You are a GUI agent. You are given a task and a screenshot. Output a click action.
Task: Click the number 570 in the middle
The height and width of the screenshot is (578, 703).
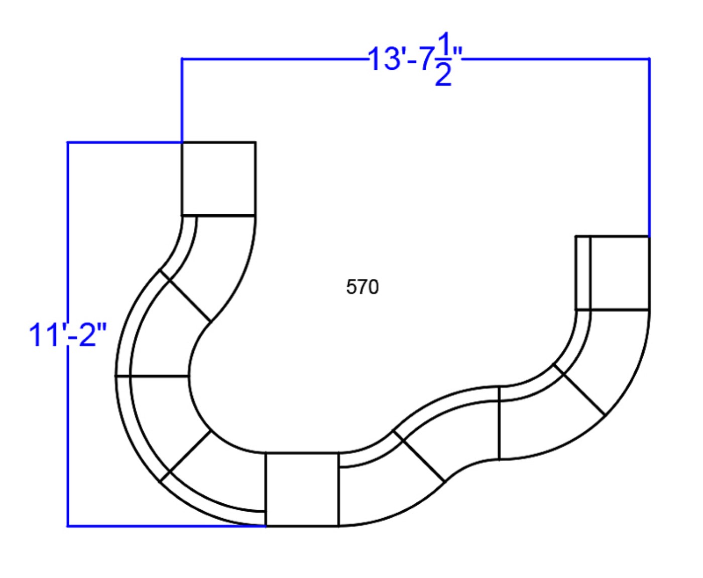point(363,287)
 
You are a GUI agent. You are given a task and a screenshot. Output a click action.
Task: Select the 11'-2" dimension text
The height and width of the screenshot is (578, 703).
point(68,335)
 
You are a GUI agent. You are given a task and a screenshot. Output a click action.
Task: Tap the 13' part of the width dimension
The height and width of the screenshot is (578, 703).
point(387,59)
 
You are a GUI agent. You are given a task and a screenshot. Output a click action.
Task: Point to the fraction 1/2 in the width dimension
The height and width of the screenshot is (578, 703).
point(444,59)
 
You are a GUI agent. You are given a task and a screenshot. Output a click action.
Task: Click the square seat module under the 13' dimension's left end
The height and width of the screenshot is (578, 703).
point(219,179)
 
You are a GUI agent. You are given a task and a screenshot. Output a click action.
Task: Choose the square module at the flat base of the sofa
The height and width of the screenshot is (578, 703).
point(302,489)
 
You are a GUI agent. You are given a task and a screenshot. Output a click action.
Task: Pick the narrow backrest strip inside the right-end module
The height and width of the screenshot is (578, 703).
point(583,273)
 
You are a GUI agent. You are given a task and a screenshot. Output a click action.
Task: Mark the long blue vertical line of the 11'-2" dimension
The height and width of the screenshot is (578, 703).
point(68,334)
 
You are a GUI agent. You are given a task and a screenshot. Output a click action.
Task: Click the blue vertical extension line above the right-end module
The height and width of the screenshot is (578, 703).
point(649,147)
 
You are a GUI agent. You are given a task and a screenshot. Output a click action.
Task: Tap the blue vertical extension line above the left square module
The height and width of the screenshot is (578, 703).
point(182,100)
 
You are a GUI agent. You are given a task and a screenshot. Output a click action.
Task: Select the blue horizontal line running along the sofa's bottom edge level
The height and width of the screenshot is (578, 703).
point(166,526)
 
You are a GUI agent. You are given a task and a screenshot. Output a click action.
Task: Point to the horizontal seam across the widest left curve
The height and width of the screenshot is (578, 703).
point(152,376)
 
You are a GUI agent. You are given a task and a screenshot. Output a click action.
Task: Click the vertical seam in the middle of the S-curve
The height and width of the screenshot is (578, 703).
point(499,423)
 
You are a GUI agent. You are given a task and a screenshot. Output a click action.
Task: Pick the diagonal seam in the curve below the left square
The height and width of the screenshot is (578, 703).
point(185,296)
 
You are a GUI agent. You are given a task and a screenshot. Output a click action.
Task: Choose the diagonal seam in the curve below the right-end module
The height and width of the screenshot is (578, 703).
point(579,389)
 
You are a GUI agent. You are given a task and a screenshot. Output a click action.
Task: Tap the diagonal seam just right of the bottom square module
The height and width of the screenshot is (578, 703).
point(419,456)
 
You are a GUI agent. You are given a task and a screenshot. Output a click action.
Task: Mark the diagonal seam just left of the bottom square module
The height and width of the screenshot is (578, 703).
point(185,456)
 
